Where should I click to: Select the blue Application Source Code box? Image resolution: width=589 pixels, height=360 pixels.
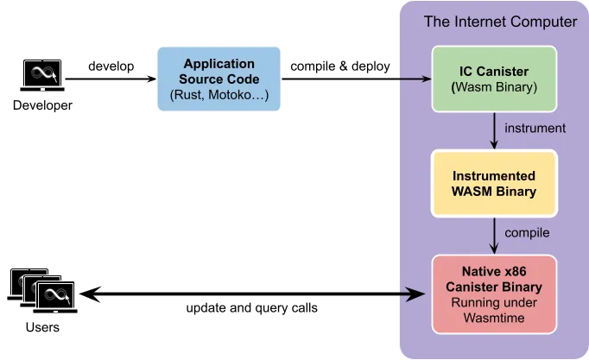click(218, 79)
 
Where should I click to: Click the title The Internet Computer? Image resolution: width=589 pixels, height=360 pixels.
click(499, 22)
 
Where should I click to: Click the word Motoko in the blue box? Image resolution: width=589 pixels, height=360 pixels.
click(239, 94)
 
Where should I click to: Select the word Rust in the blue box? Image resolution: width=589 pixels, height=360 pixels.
click(187, 94)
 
